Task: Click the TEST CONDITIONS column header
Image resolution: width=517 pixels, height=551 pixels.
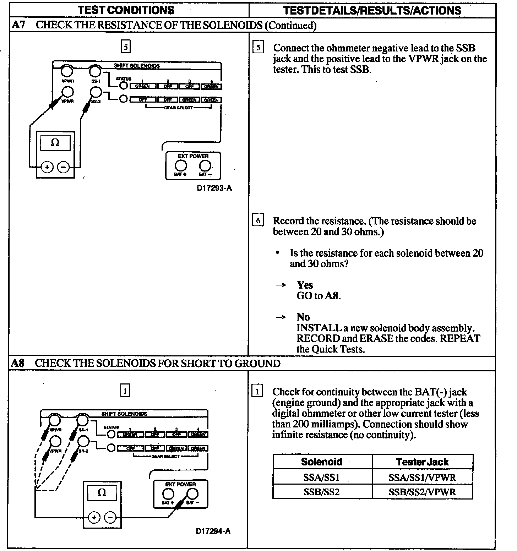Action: pos(126,10)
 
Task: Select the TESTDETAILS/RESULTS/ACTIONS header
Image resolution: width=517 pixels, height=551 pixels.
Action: pos(372,10)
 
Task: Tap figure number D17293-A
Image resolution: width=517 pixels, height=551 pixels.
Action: pos(214,188)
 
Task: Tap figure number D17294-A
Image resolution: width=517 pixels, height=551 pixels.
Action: pos(213,531)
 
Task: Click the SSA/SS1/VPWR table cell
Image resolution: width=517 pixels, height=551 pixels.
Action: pos(422,478)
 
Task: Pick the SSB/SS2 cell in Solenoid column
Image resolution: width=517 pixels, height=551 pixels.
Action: pos(322,492)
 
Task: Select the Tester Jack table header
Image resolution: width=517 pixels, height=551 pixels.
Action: pos(422,462)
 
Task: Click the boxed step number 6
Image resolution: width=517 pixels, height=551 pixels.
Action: pos(258,220)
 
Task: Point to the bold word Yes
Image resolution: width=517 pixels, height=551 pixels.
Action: pos(305,285)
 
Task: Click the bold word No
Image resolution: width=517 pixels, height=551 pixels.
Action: pos(303,317)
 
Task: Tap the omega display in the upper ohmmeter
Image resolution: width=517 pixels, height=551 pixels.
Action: pos(55,143)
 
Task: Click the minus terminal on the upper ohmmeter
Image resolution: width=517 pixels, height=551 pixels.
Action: pos(64,167)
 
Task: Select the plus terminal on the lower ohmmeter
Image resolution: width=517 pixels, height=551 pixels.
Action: pos(94,518)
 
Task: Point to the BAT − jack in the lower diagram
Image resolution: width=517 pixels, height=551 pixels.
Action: pos(192,494)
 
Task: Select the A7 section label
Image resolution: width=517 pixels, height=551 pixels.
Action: pos(18,25)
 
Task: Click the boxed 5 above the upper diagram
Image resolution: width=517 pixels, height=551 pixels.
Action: pos(126,47)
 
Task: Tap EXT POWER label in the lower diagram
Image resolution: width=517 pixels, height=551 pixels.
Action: pos(180,484)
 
